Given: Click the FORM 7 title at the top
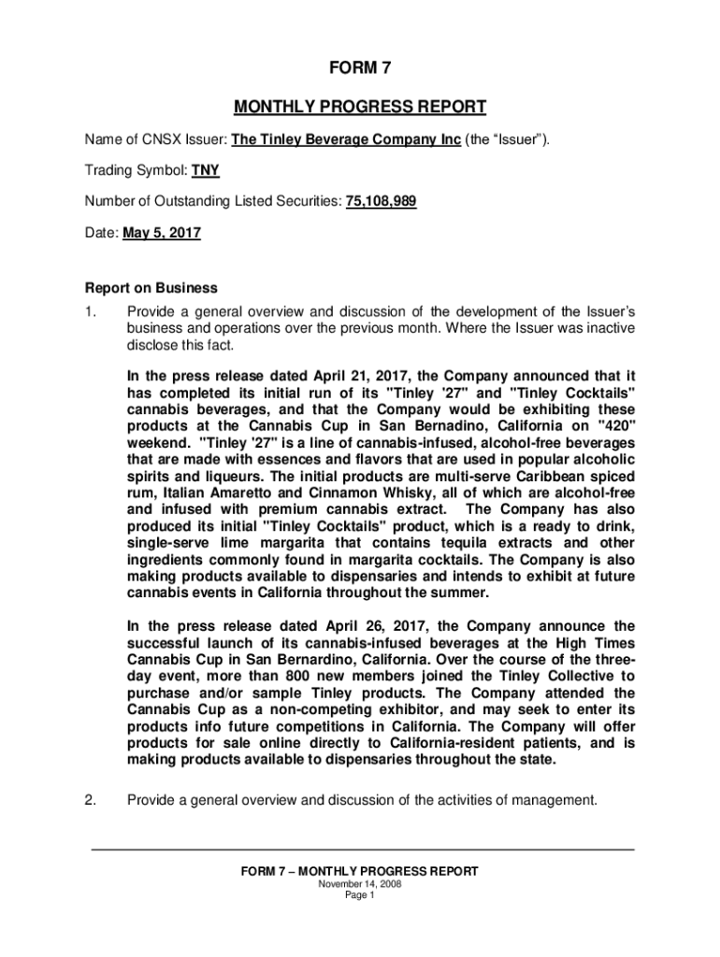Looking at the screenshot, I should (359, 68).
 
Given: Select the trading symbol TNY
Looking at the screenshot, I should (206, 171).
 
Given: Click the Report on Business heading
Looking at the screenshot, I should (151, 288).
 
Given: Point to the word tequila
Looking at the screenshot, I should (433, 544).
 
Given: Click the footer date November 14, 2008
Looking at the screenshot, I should (360, 884).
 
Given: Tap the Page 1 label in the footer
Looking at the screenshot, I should (360, 895).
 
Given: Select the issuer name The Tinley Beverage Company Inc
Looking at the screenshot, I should (345, 140).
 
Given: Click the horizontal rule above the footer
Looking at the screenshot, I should (360, 850).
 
